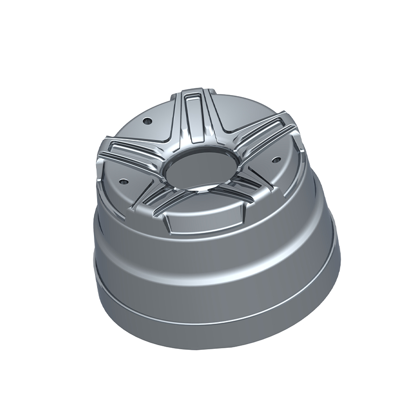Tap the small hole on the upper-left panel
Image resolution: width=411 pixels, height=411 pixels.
point(146,122)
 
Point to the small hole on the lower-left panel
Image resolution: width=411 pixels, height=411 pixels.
point(124,181)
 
